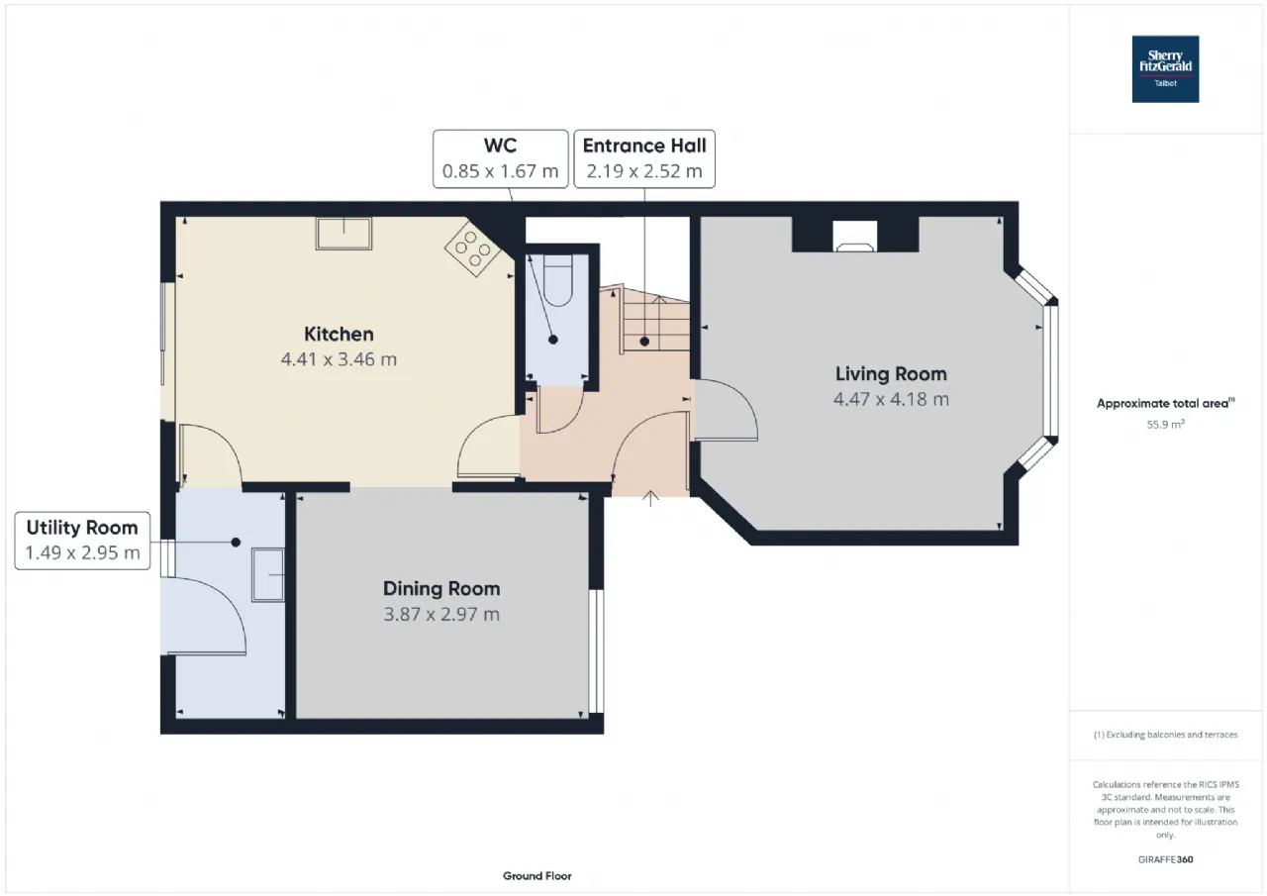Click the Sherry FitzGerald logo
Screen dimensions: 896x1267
[1165, 69]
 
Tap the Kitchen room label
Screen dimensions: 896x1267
[339, 334]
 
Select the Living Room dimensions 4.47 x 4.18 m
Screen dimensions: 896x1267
[891, 399]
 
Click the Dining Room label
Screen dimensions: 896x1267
[441, 588]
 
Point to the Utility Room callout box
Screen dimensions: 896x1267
[82, 540]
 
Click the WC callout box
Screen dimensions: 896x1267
[500, 158]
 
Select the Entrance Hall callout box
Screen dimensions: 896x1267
[644, 158]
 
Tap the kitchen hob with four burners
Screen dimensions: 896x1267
[469, 246]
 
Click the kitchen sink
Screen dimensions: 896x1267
[343, 234]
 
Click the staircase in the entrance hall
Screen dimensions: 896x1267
[653, 322]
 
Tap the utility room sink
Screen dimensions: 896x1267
[268, 575]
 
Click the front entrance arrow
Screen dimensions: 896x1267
[650, 498]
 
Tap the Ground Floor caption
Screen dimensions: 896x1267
[536, 875]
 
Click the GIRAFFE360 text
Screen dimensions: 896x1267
[1165, 859]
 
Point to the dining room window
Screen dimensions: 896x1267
[596, 650]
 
